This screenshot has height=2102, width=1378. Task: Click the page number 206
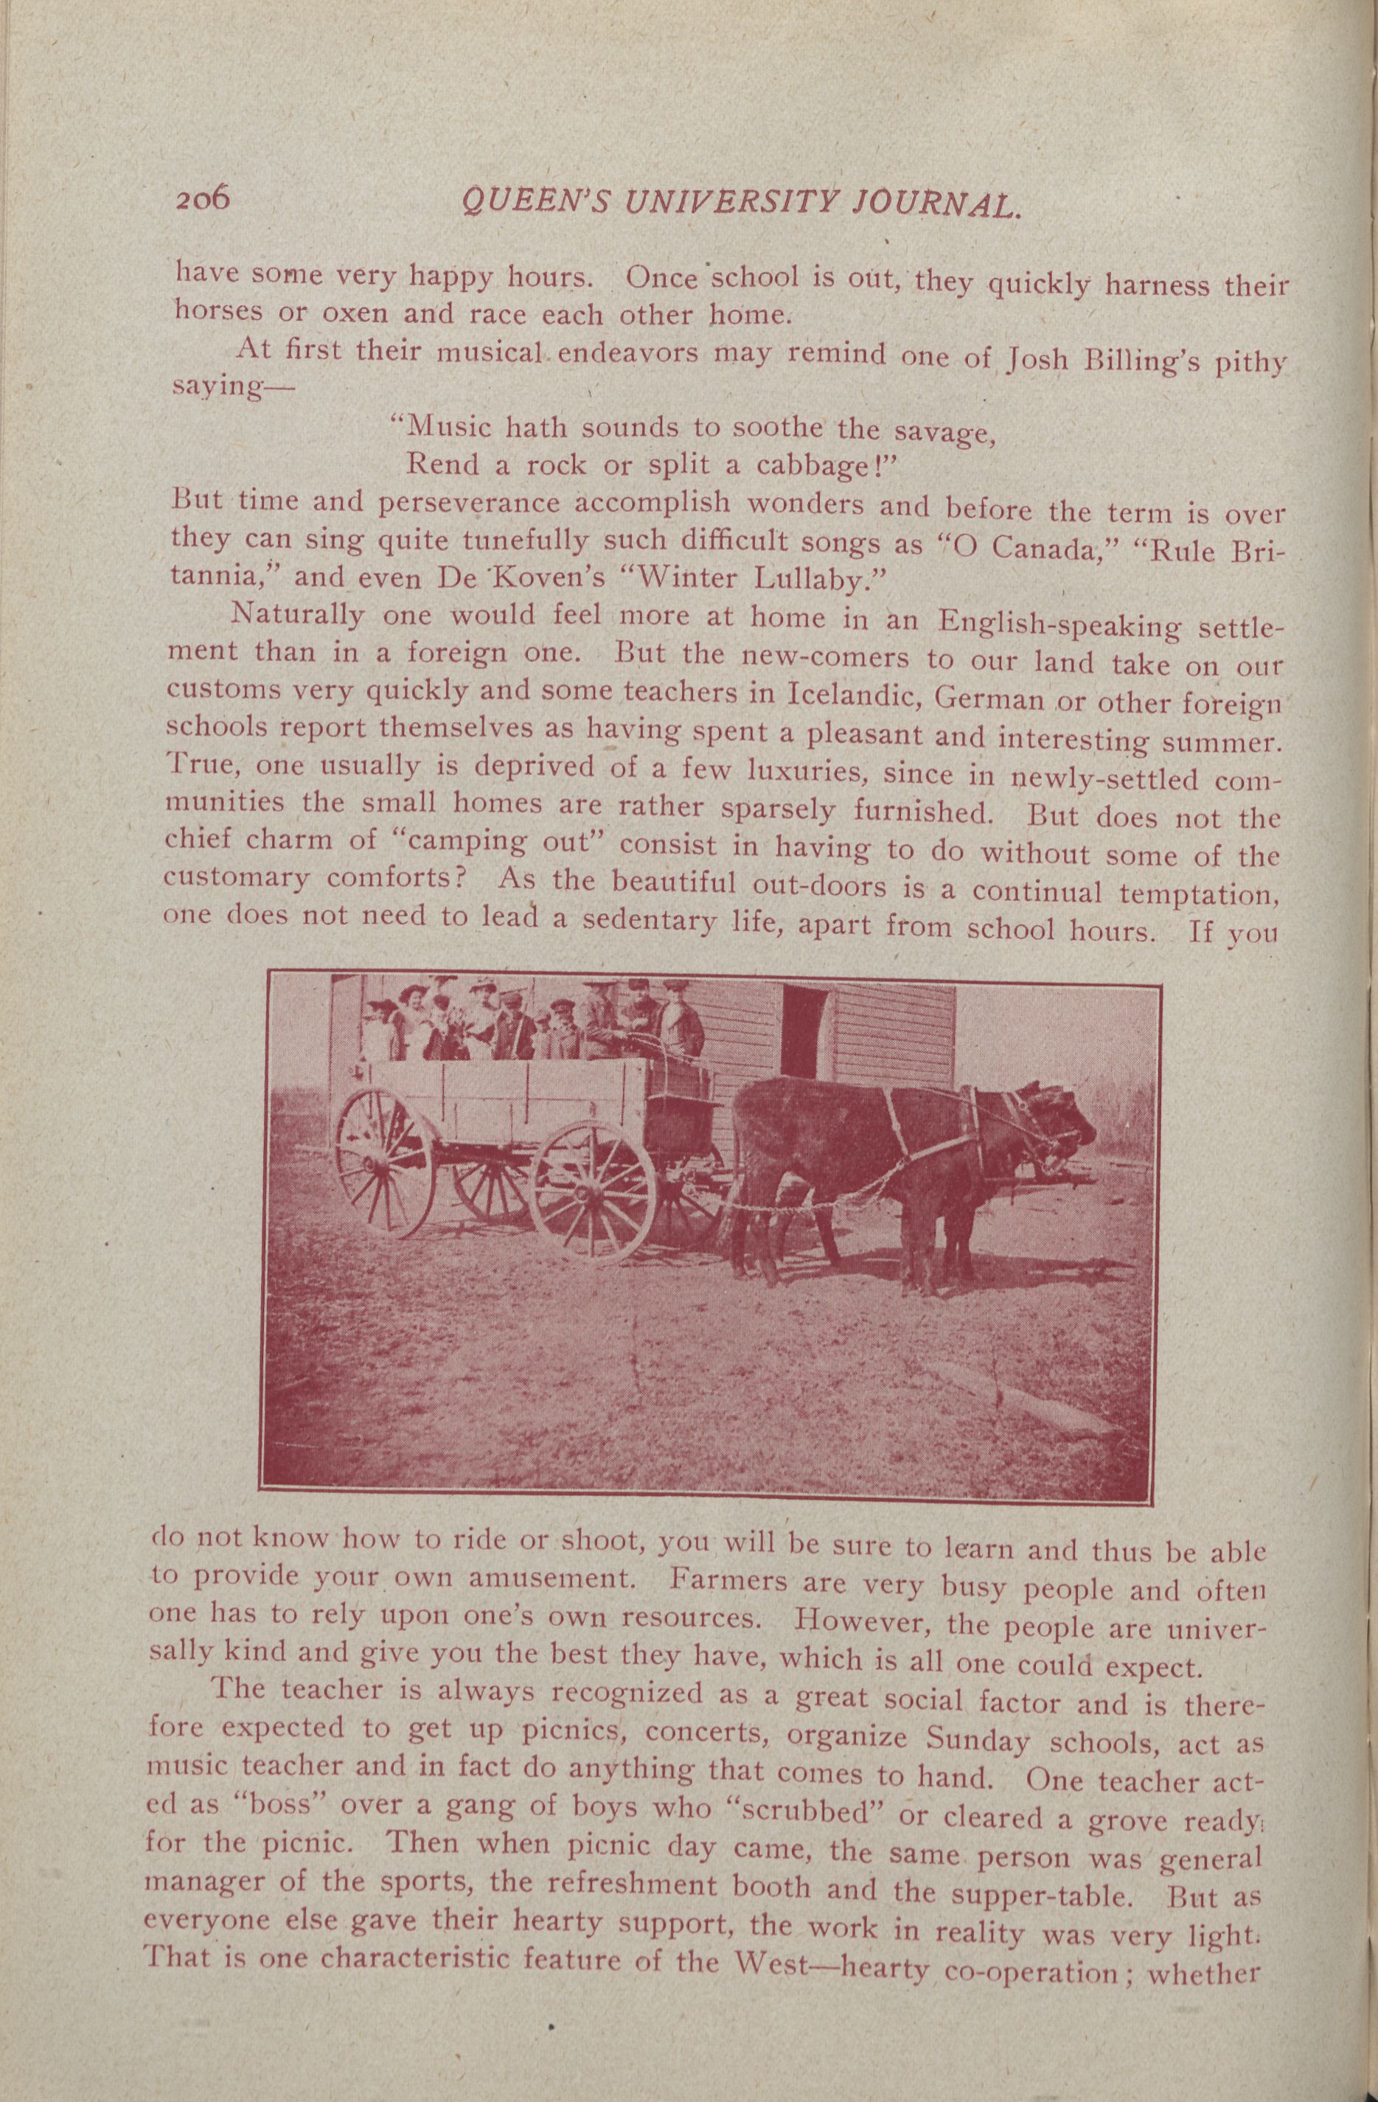pos(202,201)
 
